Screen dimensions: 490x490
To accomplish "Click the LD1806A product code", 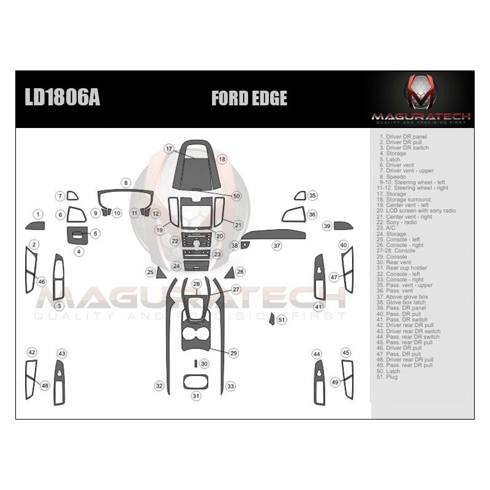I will pos(61,99).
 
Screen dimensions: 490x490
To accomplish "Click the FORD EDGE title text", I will pos(249,99).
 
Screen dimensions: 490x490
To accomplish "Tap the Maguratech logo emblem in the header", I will pos(421,92).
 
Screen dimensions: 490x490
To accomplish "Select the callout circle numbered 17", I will pos(169,148).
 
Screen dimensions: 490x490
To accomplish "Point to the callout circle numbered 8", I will pos(126,183).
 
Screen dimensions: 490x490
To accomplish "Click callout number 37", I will pos(277,245).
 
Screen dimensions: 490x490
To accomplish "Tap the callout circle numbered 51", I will pos(282,320).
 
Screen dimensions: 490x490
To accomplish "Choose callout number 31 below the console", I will pos(196,396).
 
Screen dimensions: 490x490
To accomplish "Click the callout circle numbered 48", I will pos(45,385).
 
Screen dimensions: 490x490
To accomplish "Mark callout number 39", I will pos(327,226).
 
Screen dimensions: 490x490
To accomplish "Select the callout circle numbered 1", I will pos(38,214).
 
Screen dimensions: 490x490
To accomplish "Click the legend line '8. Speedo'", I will pos(393,176).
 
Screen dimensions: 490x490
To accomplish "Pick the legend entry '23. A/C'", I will pos(388,228).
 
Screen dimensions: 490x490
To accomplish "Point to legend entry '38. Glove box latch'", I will pos(403,303).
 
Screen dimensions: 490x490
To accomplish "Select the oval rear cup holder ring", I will pos(196,381).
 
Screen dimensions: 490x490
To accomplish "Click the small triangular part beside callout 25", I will pos(160,272).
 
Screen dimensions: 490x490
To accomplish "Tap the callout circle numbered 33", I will pos(230,386).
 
